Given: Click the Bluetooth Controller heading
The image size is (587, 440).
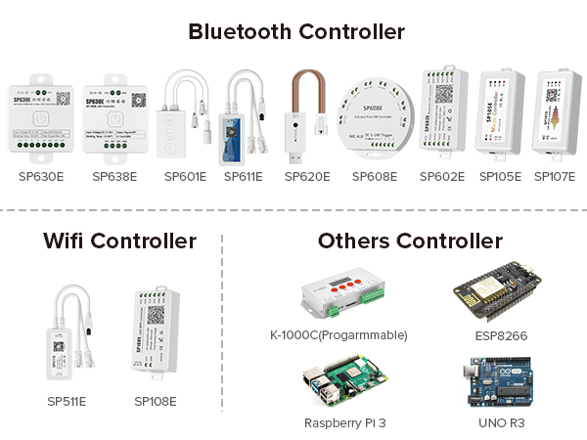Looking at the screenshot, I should coord(296,31).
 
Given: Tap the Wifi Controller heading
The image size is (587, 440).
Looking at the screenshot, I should coord(119,240).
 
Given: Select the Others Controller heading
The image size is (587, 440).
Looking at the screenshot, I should coord(410,240).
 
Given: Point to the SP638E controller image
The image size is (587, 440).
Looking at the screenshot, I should coord(114,118).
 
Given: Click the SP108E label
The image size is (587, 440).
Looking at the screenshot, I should coord(156,401).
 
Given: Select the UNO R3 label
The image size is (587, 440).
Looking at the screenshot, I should coord(504,421).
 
